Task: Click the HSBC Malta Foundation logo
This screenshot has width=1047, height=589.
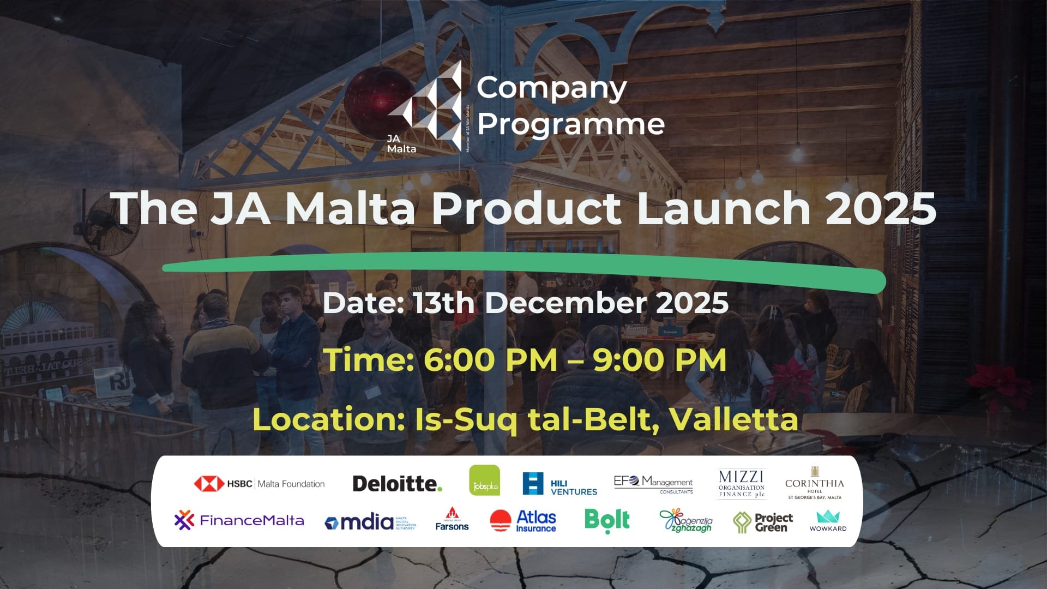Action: coord(260,483)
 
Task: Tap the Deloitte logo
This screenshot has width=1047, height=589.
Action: coord(397,483)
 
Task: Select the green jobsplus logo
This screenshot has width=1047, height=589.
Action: coord(484,480)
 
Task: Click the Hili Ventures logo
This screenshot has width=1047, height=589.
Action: coord(559,484)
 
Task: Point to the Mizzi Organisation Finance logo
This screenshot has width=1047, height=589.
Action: coord(741,484)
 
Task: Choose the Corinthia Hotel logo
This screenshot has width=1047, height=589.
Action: coord(814,483)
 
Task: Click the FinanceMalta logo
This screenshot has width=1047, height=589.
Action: coord(239,520)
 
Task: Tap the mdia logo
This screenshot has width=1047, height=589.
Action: coord(370,522)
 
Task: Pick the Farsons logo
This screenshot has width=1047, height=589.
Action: coord(452,520)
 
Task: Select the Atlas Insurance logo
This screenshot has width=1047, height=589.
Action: coord(523,521)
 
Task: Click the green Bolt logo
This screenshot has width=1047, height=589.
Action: coord(607,520)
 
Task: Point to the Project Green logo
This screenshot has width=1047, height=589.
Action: coord(763,522)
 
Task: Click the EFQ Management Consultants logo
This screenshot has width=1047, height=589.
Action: coord(653,484)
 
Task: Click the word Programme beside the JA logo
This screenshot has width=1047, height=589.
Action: coord(571,124)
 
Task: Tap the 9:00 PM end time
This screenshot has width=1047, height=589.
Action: coord(659,360)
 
